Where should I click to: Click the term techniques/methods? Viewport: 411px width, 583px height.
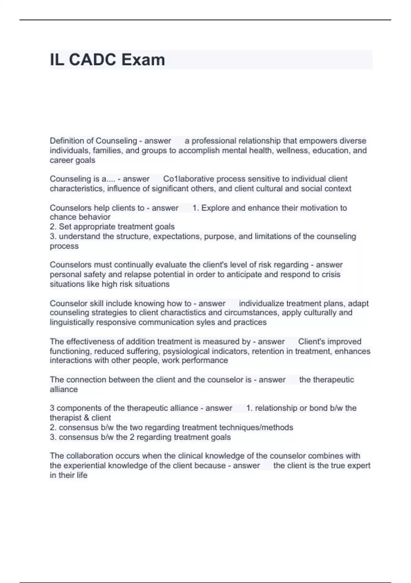pyautogui.click(x=256, y=427)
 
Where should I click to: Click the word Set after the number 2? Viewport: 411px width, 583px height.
pyautogui.click(x=65, y=227)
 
